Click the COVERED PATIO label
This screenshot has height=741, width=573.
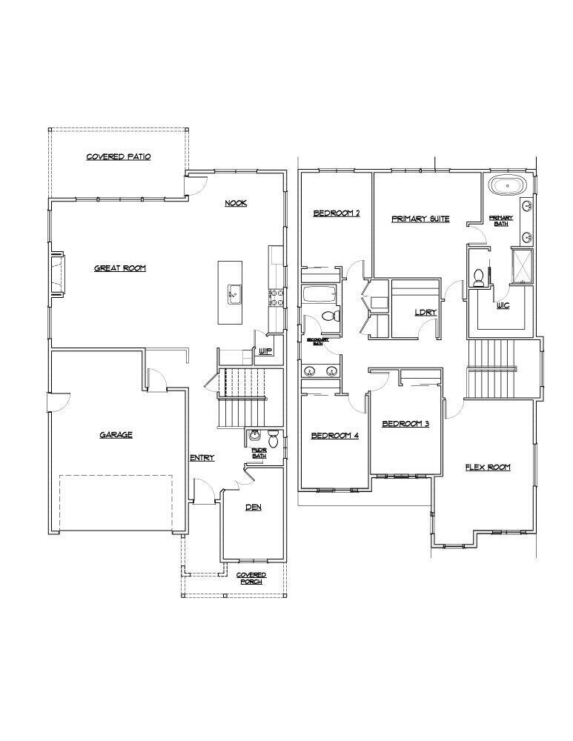[119, 157]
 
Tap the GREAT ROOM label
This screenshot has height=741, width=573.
[119, 268]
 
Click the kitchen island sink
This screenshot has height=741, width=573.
[233, 293]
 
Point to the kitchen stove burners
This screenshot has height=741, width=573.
[276, 297]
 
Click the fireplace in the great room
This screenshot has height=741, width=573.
[56, 274]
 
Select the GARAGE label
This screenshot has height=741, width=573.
[116, 435]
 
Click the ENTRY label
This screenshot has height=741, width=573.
[202, 458]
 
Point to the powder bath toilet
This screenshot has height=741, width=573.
[273, 439]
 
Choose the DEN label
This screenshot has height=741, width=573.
[254, 508]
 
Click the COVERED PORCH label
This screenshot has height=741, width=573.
[251, 578]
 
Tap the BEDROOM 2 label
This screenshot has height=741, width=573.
[336, 213]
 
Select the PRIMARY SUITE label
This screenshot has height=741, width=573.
[420, 219]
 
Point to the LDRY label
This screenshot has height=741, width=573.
[425, 312]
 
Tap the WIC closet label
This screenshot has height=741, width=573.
[503, 305]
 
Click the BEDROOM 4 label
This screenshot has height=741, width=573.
[334, 436]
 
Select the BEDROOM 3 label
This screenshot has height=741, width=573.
[405, 424]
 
